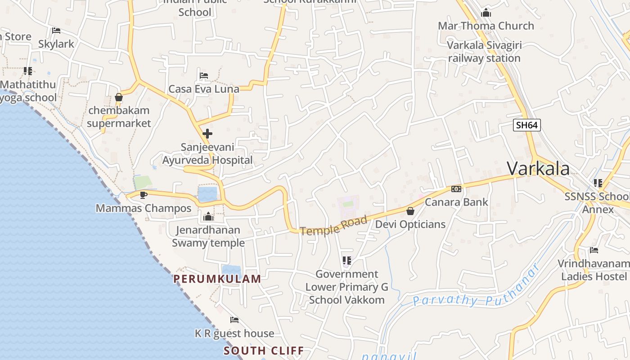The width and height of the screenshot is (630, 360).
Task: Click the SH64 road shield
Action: [x=526, y=125]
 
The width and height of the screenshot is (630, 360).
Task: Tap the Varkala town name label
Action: [x=538, y=168]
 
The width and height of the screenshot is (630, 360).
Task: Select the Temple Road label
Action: [x=333, y=225]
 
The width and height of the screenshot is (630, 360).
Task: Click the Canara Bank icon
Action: [x=456, y=189]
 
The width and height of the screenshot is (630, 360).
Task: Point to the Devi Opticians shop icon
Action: [x=410, y=211]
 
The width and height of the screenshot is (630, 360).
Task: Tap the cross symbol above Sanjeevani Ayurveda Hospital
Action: [x=207, y=134]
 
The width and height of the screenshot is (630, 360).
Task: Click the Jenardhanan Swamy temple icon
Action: [x=208, y=217]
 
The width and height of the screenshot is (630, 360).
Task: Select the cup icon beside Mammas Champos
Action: [x=143, y=195]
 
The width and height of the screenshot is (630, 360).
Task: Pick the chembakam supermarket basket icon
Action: [x=119, y=97]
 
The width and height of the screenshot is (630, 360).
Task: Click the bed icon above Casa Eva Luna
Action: [x=204, y=76]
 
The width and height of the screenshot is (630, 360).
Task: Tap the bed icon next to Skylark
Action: [x=56, y=31]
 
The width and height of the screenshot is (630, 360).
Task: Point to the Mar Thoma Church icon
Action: [x=486, y=13]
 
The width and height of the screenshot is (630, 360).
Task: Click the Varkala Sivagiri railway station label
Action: [x=484, y=52]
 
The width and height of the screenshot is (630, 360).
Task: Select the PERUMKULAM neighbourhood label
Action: [x=217, y=279]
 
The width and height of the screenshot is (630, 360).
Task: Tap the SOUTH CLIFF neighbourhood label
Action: [x=264, y=351]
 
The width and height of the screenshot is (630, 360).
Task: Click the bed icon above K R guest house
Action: [x=234, y=320]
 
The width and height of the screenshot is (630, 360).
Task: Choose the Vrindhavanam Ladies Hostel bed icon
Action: [x=594, y=250]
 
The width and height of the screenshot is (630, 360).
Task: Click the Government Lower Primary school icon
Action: [x=346, y=260]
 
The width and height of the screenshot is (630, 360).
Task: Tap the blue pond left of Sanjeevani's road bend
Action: [x=207, y=194]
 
